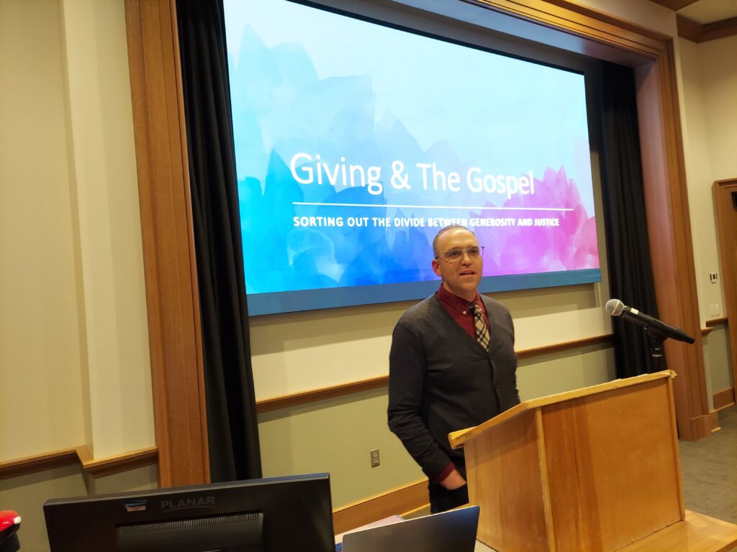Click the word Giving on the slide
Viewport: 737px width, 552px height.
point(336,172)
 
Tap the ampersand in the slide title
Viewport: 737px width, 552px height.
point(400,175)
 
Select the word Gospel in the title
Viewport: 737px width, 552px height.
point(500,181)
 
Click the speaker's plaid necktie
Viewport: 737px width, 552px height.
point(480,326)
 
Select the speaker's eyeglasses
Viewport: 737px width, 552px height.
point(460,254)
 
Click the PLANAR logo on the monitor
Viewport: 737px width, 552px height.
point(188,503)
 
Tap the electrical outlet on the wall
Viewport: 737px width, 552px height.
point(374,458)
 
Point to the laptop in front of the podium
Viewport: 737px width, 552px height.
point(410,530)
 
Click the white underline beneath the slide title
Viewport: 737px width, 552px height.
point(433,206)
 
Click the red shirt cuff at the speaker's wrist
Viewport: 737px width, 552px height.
point(445,471)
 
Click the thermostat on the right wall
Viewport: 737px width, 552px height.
point(713,277)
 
